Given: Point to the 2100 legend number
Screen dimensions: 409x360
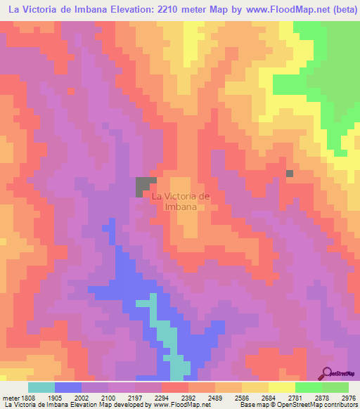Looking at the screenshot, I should [x=108, y=397].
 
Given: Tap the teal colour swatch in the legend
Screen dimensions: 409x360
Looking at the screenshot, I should [x=41, y=387].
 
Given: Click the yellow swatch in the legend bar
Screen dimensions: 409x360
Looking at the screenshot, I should [x=282, y=387].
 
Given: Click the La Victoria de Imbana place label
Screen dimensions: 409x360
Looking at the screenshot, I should [x=181, y=202].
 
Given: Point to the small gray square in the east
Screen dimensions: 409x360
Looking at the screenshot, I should [x=290, y=173].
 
